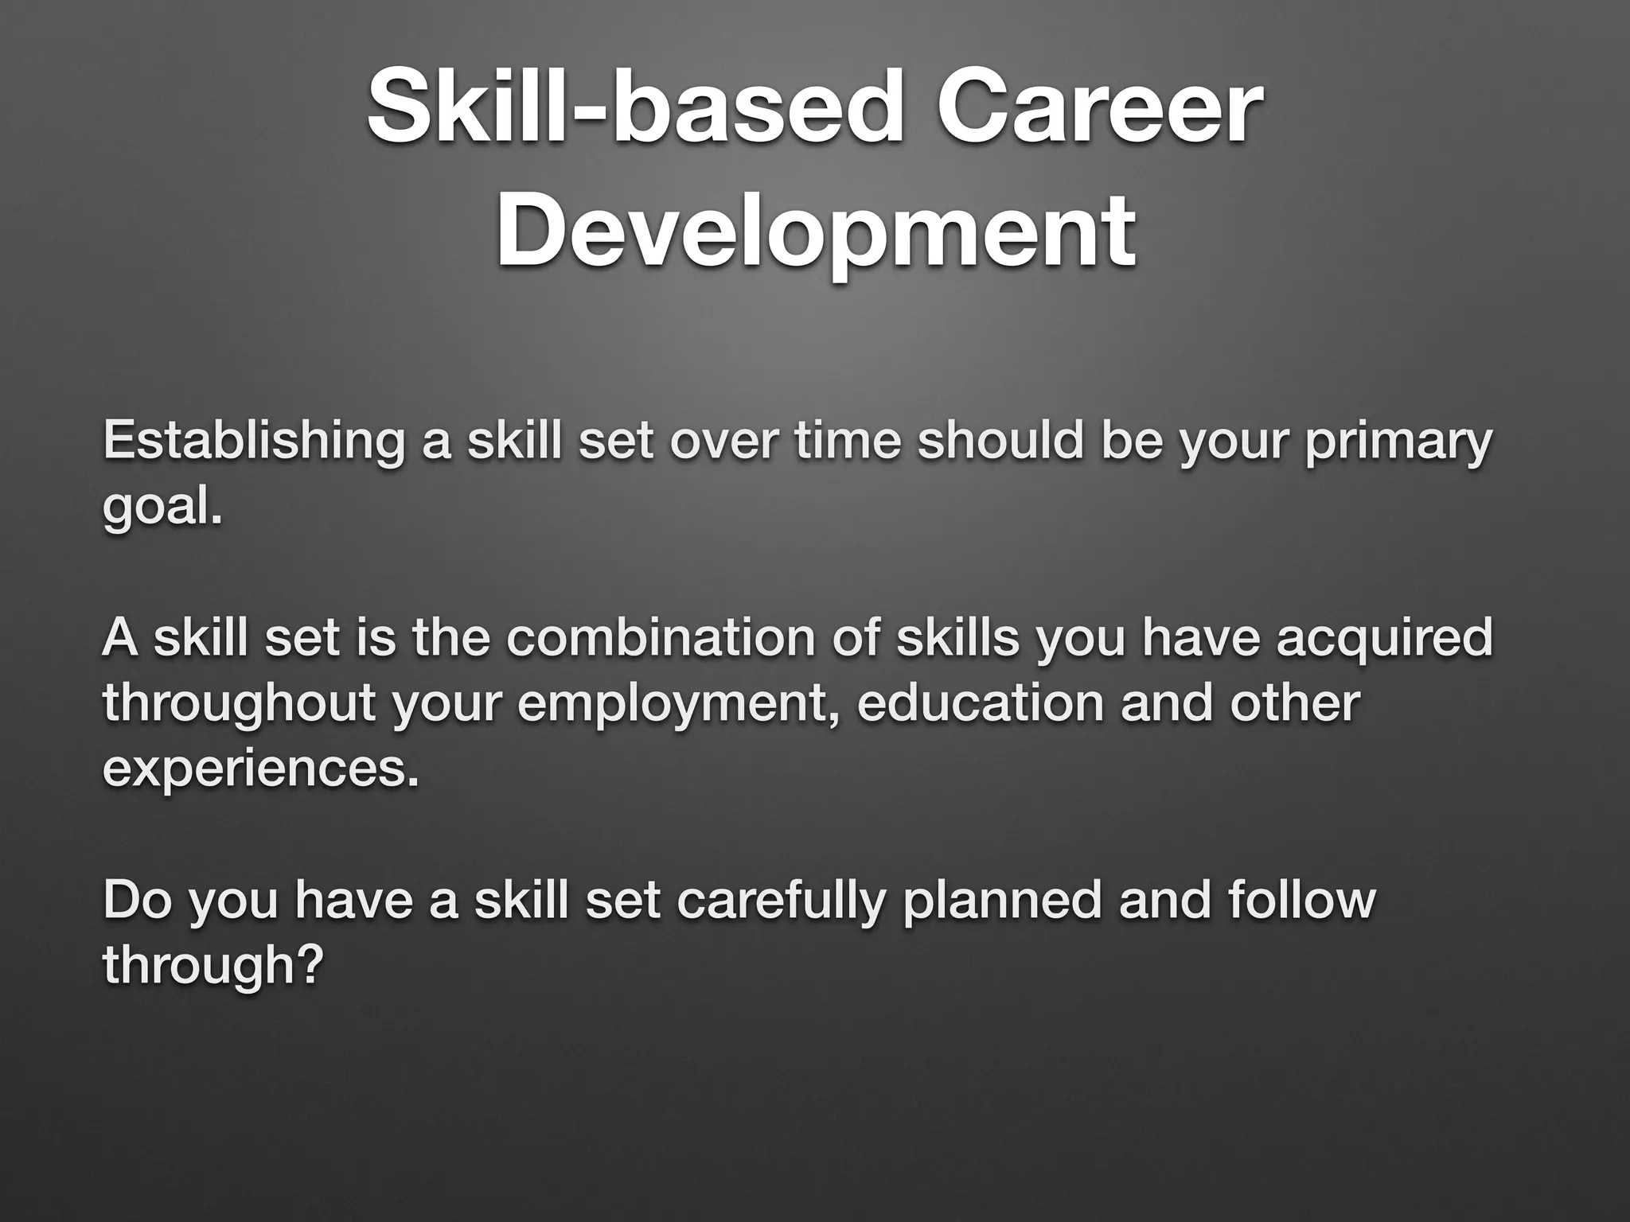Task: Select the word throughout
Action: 239,704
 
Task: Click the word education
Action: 980,704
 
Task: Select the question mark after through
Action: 312,965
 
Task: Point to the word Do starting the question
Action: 136,901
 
